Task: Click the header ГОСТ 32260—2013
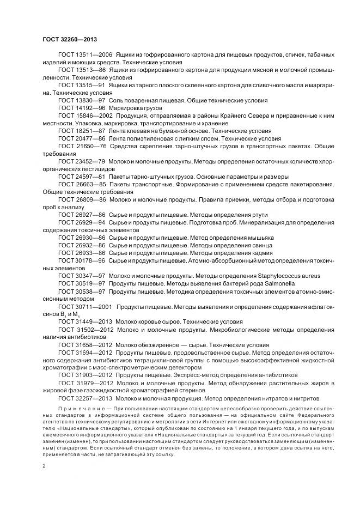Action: (x=70, y=39)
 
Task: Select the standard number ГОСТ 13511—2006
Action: (x=85, y=56)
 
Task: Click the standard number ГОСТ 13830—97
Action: (x=82, y=101)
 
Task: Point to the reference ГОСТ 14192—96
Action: (x=82, y=109)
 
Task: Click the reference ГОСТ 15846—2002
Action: (x=85, y=117)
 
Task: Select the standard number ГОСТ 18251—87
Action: (x=82, y=132)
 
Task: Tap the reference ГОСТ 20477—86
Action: (x=82, y=139)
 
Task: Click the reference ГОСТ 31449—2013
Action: (x=85, y=321)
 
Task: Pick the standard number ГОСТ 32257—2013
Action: (x=85, y=398)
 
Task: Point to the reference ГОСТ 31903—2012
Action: (x=85, y=375)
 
